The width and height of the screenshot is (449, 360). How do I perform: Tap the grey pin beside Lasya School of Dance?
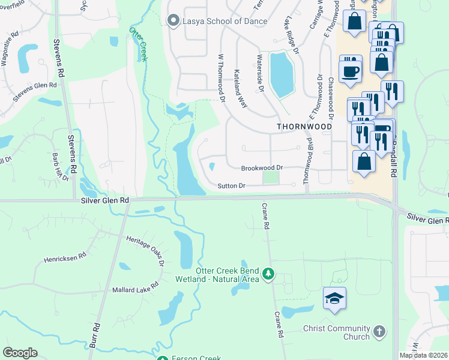[x=174, y=21]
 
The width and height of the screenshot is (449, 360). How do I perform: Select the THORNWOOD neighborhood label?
[x=304, y=127]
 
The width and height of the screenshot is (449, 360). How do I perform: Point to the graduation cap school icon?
[x=334, y=298]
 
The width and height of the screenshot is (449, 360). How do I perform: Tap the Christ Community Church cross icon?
[x=379, y=331]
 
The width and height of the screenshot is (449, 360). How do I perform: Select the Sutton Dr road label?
[x=231, y=186]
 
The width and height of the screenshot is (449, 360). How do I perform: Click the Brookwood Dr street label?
[x=262, y=169]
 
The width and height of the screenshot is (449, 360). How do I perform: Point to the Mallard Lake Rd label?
[x=135, y=290]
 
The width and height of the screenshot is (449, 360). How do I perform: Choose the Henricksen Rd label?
[x=65, y=259]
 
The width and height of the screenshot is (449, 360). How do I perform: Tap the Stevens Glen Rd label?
[x=34, y=86]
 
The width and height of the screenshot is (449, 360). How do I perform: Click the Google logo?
[x=20, y=353]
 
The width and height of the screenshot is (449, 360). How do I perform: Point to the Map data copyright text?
[x=424, y=355]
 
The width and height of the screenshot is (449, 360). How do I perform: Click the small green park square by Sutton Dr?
[x=271, y=178]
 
